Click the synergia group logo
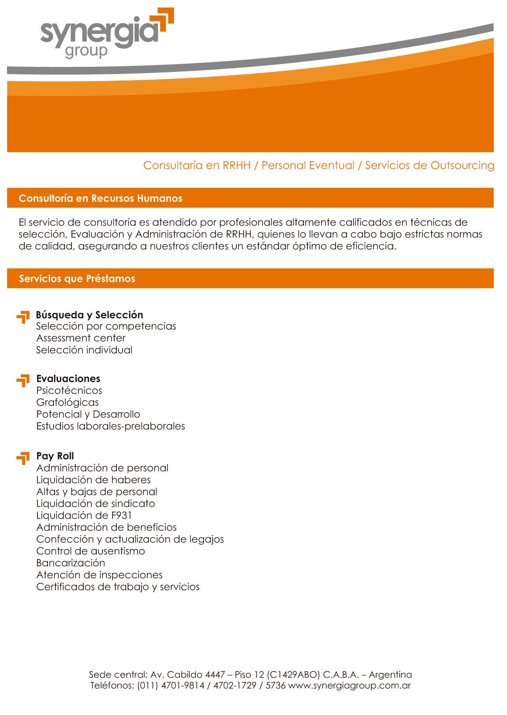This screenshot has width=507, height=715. [106, 33]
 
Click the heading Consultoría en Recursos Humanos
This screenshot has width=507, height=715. [100, 198]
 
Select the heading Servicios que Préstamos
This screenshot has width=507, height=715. [77, 278]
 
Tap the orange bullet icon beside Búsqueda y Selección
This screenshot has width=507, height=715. [23, 317]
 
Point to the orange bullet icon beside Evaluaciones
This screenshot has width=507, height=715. [23, 381]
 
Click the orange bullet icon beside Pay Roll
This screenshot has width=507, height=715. [23, 458]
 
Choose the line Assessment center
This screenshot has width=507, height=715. [81, 338]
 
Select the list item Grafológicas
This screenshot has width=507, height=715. [67, 402]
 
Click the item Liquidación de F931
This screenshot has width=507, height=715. [84, 515]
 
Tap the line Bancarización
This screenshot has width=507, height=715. [71, 563]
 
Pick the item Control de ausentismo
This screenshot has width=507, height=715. [90, 551]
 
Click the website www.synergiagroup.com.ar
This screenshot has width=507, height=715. [350, 685]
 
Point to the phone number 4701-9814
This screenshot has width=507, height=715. [183, 685]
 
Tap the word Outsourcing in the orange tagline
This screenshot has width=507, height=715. [463, 166]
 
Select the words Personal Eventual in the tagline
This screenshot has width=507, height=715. [308, 166]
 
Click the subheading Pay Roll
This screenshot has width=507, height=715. [55, 456]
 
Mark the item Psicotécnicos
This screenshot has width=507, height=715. [69, 390]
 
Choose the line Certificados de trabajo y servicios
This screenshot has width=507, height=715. [118, 587]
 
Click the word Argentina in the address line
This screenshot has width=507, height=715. [390, 674]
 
